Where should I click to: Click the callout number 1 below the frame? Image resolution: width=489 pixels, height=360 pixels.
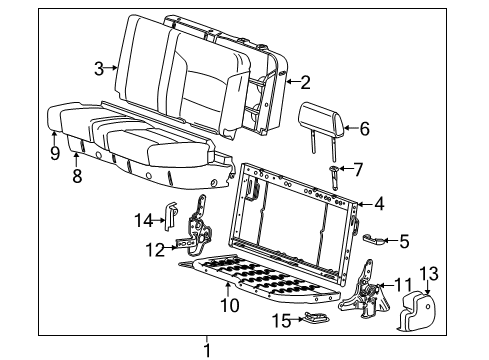(208, 350)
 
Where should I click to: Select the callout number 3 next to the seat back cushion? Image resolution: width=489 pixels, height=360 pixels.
(98, 68)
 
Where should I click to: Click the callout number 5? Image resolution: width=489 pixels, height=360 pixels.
(404, 240)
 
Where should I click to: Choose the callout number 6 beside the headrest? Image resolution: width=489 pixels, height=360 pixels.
(364, 128)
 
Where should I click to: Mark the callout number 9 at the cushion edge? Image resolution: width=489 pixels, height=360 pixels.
(54, 152)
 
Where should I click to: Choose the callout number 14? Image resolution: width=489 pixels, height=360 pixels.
(143, 218)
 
